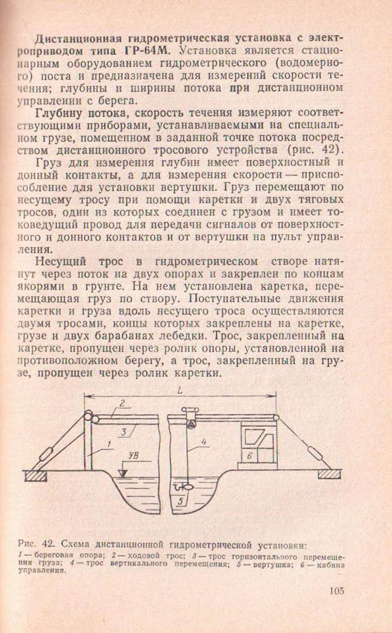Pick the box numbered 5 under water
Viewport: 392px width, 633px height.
181,501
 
